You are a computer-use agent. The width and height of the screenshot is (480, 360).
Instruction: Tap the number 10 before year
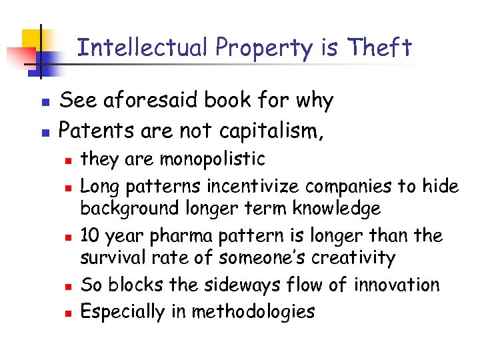tap(90, 235)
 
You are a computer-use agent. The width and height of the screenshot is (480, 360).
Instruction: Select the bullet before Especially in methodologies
tap(67, 312)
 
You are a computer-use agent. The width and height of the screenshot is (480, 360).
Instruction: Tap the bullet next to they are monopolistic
tap(67, 161)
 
